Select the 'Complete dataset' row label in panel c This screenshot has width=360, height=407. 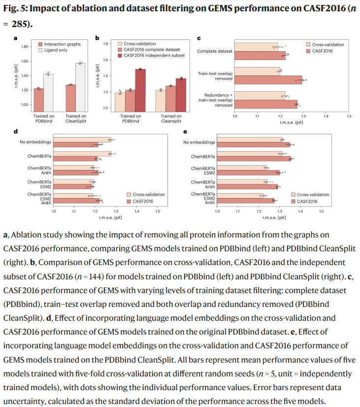coord(214,51)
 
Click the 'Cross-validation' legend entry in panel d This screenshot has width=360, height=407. coord(148,195)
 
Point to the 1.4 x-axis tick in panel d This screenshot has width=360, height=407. coord(136,211)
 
